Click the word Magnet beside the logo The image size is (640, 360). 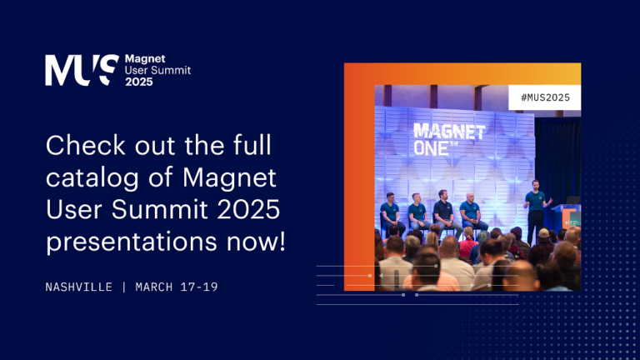pyautogui.click(x=144, y=59)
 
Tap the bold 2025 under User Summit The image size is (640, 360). pyautogui.click(x=139, y=82)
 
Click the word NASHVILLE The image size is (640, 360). pyautogui.click(x=79, y=287)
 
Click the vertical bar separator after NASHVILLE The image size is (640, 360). pyautogui.click(x=123, y=287)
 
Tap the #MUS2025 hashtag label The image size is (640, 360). pyautogui.click(x=544, y=97)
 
